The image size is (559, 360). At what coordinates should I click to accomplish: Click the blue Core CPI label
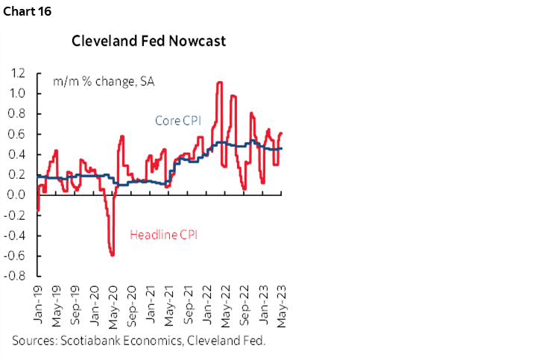[177, 120]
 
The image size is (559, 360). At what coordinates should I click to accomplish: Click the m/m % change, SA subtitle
[93, 81]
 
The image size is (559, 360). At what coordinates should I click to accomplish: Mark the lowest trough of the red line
[113, 256]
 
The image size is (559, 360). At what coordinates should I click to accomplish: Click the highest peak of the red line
[220, 82]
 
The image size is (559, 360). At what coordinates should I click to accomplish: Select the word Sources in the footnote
[34, 340]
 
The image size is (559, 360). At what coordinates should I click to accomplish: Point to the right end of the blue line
[282, 148]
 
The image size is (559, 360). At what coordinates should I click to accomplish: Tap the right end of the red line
[282, 133]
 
